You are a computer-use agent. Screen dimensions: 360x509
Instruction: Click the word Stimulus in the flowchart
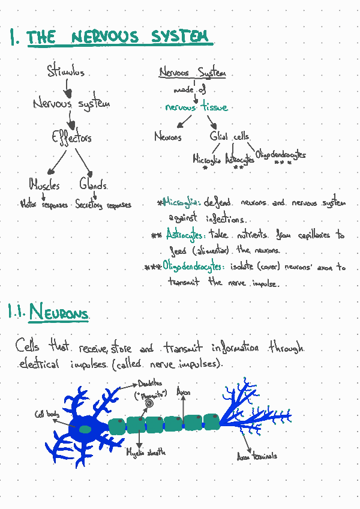tap(65, 73)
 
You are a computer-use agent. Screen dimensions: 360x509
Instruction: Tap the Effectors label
tap(71, 137)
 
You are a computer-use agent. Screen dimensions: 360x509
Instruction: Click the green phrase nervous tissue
tap(196, 107)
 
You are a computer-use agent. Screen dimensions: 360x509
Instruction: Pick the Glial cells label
tap(229, 137)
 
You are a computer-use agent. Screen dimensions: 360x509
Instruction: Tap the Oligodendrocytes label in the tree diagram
tap(280, 155)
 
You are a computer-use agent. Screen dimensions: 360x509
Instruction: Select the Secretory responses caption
tap(103, 205)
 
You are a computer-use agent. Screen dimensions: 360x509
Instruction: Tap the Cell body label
tap(46, 414)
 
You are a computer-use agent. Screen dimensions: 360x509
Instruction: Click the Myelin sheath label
tap(146, 452)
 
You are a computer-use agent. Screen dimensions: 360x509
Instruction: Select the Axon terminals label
tap(257, 456)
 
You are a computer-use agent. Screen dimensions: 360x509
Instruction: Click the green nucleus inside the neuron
tap(85, 429)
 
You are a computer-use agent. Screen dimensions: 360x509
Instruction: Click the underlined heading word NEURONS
tap(59, 313)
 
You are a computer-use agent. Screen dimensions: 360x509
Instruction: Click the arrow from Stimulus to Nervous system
tap(67, 88)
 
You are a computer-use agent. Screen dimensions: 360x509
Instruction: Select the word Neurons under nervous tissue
tap(167, 137)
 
